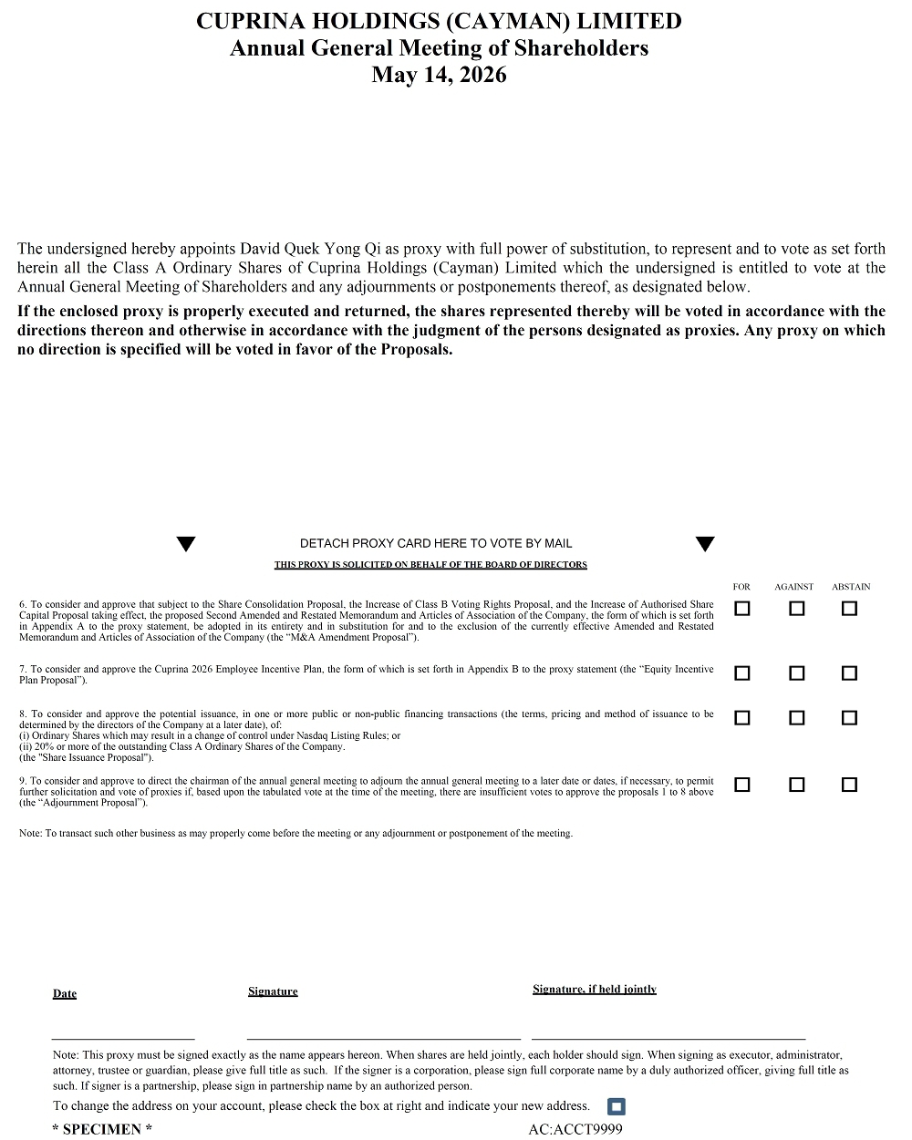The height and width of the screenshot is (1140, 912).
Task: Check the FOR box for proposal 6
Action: point(742,609)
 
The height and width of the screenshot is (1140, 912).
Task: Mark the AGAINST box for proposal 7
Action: point(797,673)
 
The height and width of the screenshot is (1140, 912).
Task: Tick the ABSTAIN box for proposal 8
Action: point(849,718)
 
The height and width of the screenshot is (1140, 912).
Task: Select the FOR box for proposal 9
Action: point(742,785)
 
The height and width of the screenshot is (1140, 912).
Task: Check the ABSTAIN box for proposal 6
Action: point(849,609)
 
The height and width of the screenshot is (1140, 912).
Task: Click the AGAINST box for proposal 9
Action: point(797,785)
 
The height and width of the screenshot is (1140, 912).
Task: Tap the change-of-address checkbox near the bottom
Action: point(617,1107)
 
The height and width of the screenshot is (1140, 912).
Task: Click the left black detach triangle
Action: point(186,545)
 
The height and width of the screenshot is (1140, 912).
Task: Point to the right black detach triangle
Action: point(705,545)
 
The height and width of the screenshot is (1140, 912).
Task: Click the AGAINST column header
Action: point(793,587)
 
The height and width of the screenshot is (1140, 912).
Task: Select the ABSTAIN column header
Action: point(851,587)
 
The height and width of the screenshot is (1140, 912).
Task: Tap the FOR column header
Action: point(741,587)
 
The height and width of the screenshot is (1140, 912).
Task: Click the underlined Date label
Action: point(65,993)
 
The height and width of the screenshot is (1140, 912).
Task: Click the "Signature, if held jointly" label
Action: point(595,990)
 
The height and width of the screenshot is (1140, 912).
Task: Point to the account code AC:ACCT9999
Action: point(575,1130)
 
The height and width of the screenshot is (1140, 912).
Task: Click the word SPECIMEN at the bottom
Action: point(102,1130)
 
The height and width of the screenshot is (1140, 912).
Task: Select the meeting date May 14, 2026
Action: point(439,76)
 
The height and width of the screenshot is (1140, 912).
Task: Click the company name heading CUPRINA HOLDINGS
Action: point(439,21)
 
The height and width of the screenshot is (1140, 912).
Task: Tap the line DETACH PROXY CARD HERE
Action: point(436,543)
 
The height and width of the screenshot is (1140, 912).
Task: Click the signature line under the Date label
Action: point(123,1038)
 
